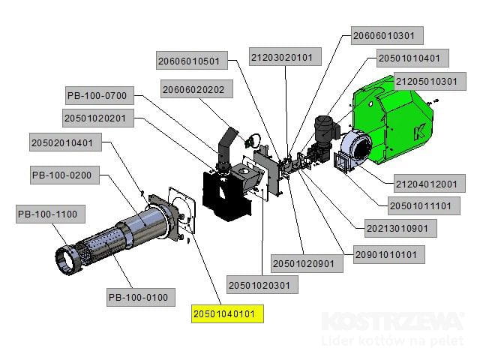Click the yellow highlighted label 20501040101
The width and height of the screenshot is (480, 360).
(x=227, y=313)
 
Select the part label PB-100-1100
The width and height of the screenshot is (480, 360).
(x=47, y=215)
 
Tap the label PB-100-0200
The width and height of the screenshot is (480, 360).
(x=61, y=176)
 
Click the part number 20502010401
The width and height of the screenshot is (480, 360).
(x=62, y=142)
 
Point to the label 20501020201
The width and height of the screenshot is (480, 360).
(x=99, y=118)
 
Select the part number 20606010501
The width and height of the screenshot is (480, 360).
(x=189, y=61)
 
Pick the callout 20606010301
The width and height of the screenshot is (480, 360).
(x=388, y=35)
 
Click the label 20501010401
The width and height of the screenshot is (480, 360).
(x=414, y=58)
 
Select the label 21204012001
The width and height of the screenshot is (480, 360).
(x=425, y=184)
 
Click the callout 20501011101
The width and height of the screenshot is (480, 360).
(x=420, y=205)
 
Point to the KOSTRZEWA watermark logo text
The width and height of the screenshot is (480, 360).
(x=393, y=322)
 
